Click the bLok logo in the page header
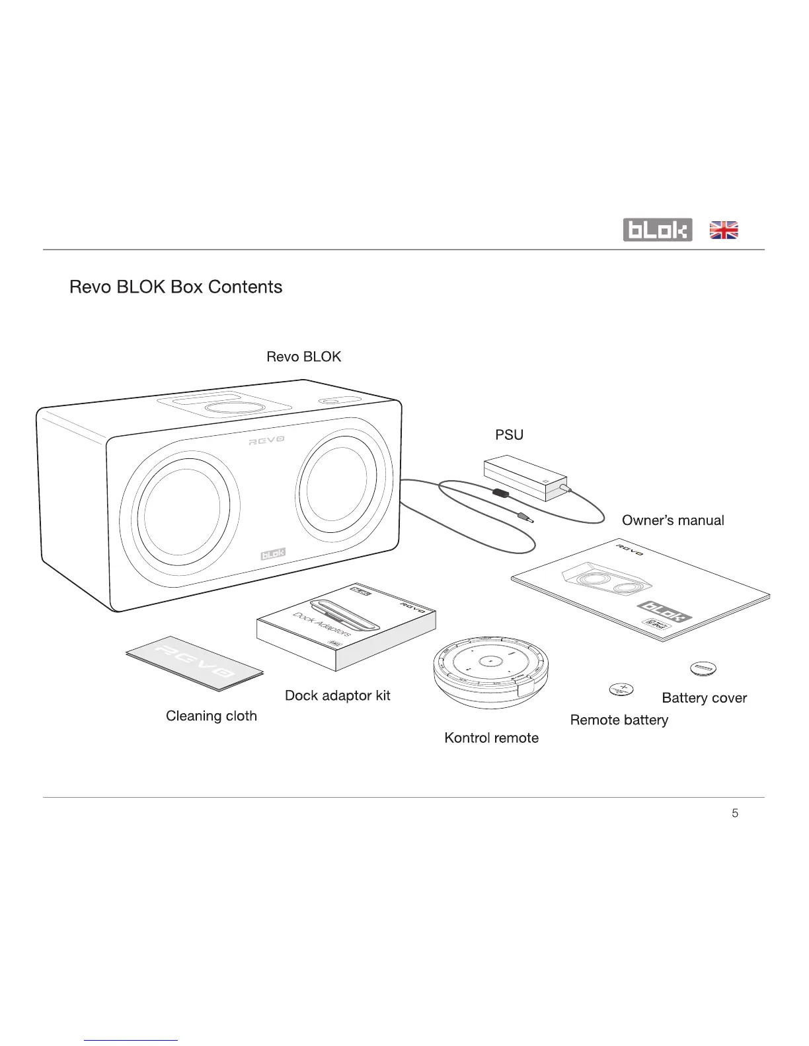pos(657,230)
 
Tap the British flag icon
pos(724,230)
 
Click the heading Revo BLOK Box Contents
pos(176,287)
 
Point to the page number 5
pos(735,814)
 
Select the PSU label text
pos(509,435)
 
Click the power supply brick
pos(525,477)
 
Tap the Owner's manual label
pos(673,520)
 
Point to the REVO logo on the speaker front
pos(266,440)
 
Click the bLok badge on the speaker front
pos(273,553)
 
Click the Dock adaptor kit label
pos(337,695)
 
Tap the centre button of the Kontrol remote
pos(490,660)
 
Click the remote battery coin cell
pos(620,690)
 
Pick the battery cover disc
pos(703,669)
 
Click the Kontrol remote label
pos(491,738)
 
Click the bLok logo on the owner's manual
pos(664,611)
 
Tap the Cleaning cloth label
pos(211,716)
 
